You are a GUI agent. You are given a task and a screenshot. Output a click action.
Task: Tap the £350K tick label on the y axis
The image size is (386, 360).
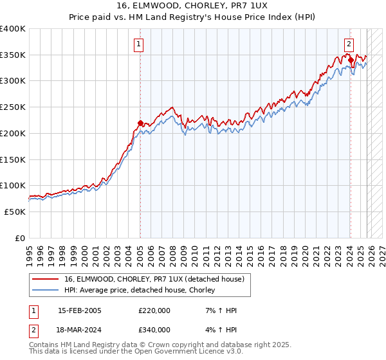[x=13, y=55]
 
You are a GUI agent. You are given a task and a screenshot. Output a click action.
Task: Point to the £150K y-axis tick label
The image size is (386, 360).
[x=13, y=159]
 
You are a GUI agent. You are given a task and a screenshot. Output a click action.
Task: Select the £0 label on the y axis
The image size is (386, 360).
[x=19, y=238]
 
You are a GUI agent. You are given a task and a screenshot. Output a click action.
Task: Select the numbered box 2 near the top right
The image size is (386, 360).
[x=348, y=44]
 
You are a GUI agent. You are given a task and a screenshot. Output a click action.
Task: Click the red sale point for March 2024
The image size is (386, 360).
[x=351, y=60]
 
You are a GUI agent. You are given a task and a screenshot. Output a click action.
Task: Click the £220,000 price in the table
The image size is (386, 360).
[x=154, y=310]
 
